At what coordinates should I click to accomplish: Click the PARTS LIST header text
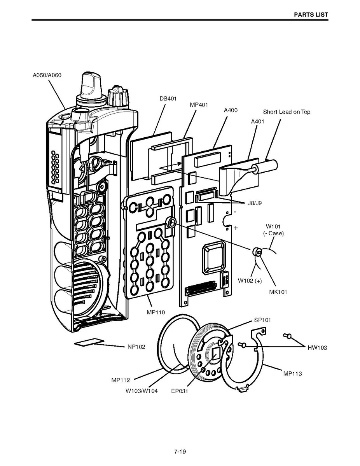point(311,15)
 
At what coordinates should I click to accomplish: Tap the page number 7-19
point(180,452)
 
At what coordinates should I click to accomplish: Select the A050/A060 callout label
point(47,75)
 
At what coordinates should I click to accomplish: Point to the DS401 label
point(168,99)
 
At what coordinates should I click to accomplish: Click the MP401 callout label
point(199,105)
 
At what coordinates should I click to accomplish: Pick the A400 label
point(231,110)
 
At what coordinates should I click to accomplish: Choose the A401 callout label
point(257,121)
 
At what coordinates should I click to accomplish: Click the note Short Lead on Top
point(287,112)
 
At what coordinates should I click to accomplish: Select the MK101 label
point(278,292)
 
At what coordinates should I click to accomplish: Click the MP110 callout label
point(156,312)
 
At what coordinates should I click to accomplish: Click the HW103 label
point(317,348)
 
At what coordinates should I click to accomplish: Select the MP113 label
point(292,374)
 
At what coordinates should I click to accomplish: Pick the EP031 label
point(180,391)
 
